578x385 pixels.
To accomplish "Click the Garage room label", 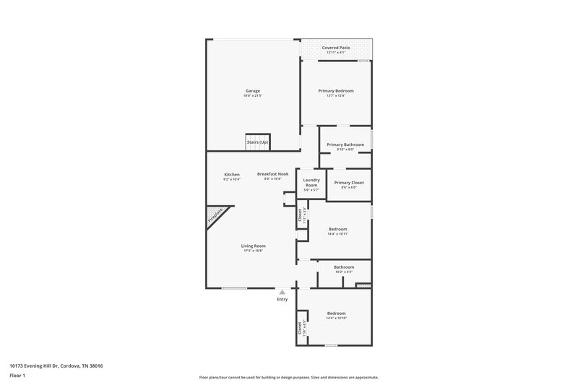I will (252, 91).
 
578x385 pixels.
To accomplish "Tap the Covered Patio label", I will (336, 47).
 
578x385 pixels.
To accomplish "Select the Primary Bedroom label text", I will (336, 91).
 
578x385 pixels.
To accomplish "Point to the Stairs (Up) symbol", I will (258, 142).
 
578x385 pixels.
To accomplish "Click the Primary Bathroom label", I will (345, 144).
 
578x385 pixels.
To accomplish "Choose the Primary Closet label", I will (348, 183).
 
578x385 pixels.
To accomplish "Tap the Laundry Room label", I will (311, 183).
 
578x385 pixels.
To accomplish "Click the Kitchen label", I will (232, 174).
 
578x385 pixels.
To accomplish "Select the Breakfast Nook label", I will (273, 174).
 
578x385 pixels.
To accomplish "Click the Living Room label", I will (254, 246).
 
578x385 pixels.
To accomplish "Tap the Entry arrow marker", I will (282, 292).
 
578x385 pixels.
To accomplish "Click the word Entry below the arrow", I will (282, 299).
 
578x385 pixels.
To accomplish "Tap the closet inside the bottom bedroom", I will (300, 327).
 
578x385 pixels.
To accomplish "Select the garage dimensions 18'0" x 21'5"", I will (252, 95).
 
